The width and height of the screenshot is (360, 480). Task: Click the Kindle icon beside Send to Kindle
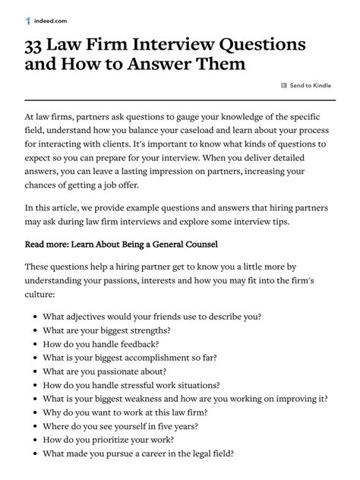click(284, 85)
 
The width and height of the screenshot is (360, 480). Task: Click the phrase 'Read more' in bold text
click(50, 245)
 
